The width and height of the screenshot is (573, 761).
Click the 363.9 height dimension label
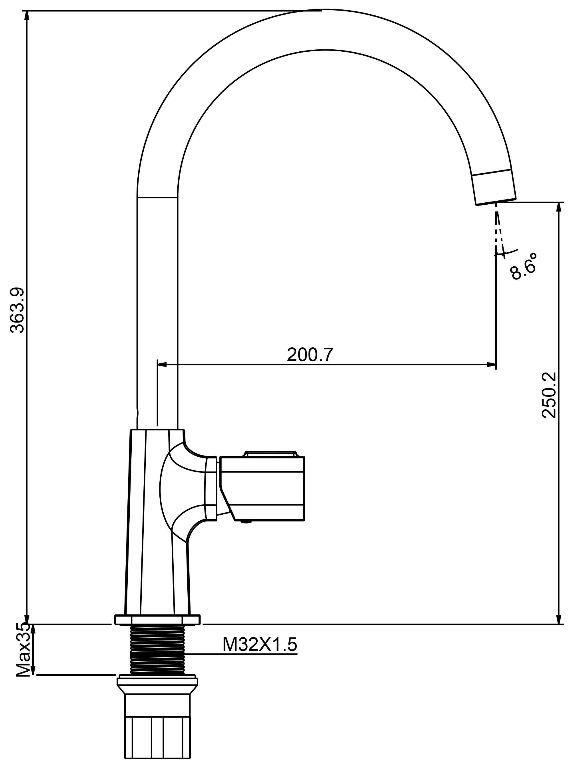point(17,310)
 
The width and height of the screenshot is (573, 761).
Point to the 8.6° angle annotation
point(523,267)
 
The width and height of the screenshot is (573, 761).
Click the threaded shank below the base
point(158,650)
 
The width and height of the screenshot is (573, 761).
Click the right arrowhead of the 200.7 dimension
point(491,364)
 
